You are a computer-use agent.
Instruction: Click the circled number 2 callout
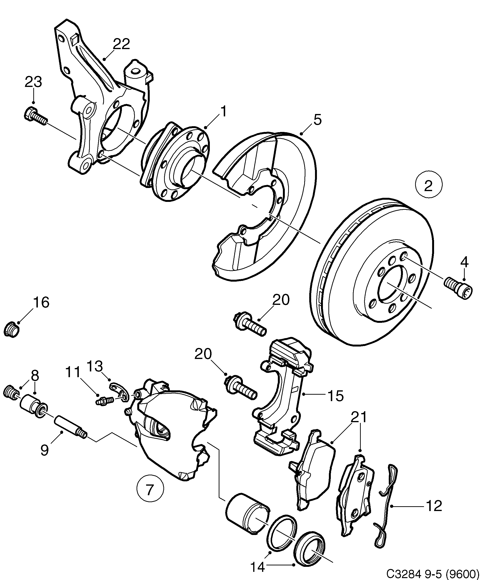tap(429, 185)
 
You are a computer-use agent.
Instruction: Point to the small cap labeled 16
tap(12, 328)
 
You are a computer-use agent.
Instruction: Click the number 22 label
tap(121, 44)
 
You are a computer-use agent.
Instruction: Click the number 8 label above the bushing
tap(35, 376)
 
